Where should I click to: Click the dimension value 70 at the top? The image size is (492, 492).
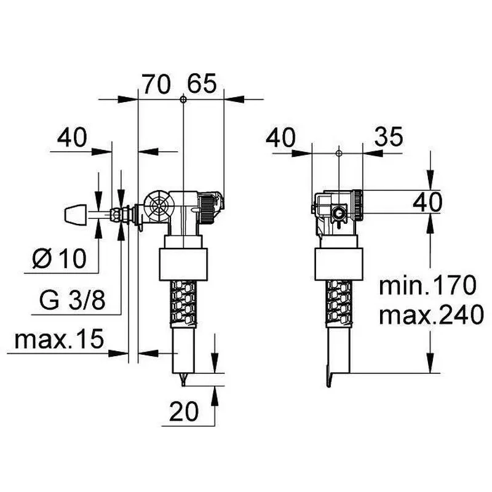[157, 84]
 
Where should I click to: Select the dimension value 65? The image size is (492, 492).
[202, 84]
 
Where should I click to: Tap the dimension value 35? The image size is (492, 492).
[389, 137]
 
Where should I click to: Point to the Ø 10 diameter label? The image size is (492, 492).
[59, 258]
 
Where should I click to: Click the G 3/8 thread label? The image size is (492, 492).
[72, 300]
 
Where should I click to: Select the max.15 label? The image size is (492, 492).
[59, 339]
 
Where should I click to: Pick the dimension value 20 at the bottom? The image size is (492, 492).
[184, 411]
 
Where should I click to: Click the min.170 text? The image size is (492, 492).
[427, 285]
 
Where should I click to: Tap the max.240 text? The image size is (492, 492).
[432, 314]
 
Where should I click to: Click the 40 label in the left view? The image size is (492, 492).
[72, 137]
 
